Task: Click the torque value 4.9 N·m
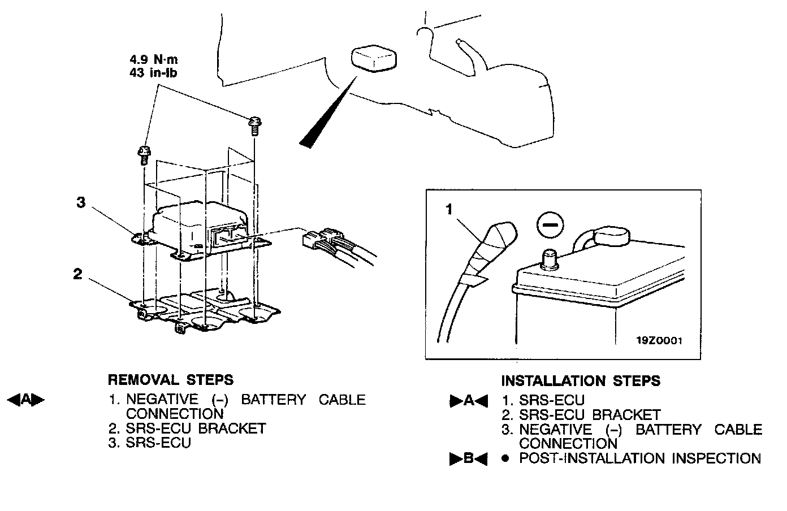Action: click(154, 59)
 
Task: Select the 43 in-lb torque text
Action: click(154, 72)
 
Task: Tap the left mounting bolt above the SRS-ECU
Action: click(144, 154)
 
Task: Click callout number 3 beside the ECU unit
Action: click(81, 202)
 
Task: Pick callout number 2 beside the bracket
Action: click(77, 274)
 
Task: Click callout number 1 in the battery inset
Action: click(449, 210)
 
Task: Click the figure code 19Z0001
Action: click(660, 340)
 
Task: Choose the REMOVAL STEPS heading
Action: click(170, 379)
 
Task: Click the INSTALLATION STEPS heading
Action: click(581, 381)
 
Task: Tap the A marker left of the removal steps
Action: click(25, 400)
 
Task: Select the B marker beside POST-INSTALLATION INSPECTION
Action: click(468, 459)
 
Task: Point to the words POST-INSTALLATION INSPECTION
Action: click(640, 458)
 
